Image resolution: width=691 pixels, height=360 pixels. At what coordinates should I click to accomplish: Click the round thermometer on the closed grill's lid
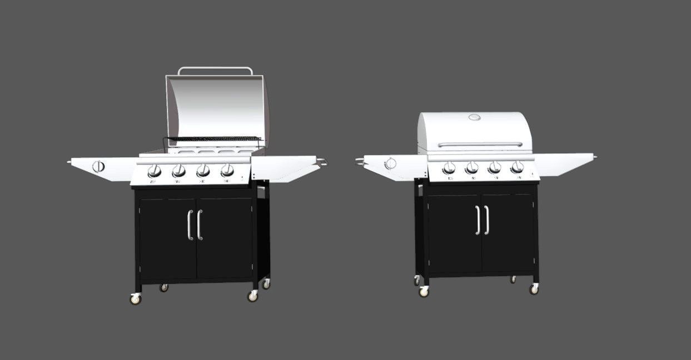(x=474, y=117)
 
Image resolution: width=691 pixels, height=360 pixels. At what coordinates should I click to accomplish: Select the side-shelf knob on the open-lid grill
(x=98, y=166)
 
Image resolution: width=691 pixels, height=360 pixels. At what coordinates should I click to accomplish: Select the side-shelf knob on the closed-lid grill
(x=390, y=163)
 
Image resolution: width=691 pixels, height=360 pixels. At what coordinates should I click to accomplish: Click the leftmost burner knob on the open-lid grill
(x=155, y=171)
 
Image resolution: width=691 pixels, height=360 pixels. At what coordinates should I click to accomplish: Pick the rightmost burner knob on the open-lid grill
(x=227, y=170)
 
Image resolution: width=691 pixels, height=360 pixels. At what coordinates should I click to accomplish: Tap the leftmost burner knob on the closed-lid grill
(x=449, y=167)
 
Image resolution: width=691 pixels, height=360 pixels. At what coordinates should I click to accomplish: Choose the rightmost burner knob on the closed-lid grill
(x=517, y=167)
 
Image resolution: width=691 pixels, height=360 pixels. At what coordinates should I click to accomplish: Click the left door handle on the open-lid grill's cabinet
(x=190, y=225)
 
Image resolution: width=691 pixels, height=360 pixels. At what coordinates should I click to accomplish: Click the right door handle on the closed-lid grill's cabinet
(x=487, y=220)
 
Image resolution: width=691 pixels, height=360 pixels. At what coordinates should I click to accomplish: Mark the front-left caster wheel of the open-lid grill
(x=135, y=299)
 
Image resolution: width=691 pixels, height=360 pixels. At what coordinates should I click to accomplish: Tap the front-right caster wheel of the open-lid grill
(x=253, y=296)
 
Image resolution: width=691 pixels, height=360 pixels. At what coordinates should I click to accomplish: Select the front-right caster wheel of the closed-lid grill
(x=534, y=289)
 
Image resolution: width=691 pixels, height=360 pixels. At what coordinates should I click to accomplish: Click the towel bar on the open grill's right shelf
(x=322, y=162)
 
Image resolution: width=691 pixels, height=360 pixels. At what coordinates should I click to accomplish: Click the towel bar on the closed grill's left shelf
(x=359, y=161)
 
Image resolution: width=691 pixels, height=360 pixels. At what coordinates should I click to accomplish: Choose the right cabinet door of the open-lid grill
(x=225, y=239)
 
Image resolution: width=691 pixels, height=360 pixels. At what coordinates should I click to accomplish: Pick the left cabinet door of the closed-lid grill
(x=453, y=233)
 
